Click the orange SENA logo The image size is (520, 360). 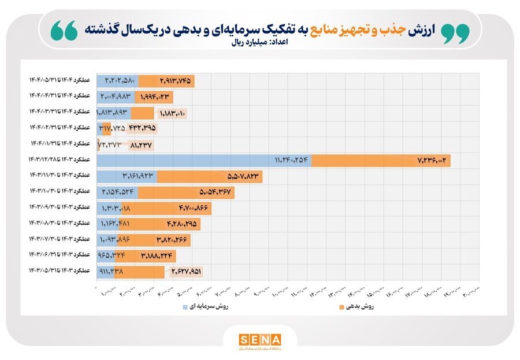(260, 339)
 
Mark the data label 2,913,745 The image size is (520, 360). (173, 81)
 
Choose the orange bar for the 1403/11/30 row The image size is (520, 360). (209, 176)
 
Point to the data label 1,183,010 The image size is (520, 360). (171, 113)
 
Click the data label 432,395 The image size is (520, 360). (141, 128)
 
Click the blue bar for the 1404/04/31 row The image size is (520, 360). (116, 97)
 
